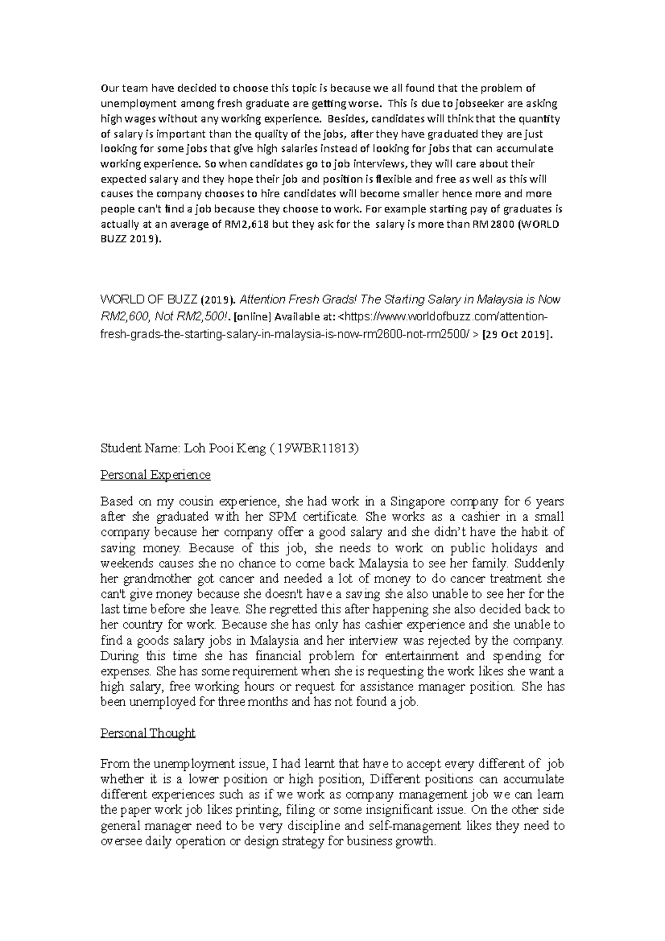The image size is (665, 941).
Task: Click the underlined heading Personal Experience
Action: (155, 475)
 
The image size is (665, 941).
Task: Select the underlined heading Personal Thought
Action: (147, 733)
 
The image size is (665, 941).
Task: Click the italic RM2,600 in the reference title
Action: (123, 316)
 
